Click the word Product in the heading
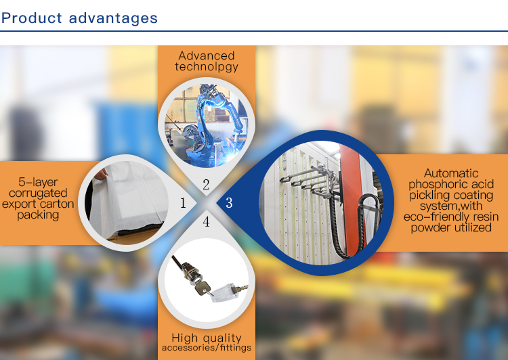coord(31,18)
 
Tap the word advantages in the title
coord(113,18)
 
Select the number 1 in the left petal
coord(183,203)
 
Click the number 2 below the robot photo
coord(206,185)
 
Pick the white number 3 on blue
coord(229,203)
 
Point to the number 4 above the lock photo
coord(206,222)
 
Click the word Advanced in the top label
coord(207,55)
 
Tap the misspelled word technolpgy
coord(207,67)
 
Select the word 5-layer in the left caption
coord(38,182)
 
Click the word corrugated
coord(38,194)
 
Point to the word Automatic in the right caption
coord(451,173)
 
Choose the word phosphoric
coord(435,185)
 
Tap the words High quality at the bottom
coord(207,338)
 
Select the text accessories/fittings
coord(207,348)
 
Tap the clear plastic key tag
coord(224,293)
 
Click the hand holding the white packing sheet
coord(101,175)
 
